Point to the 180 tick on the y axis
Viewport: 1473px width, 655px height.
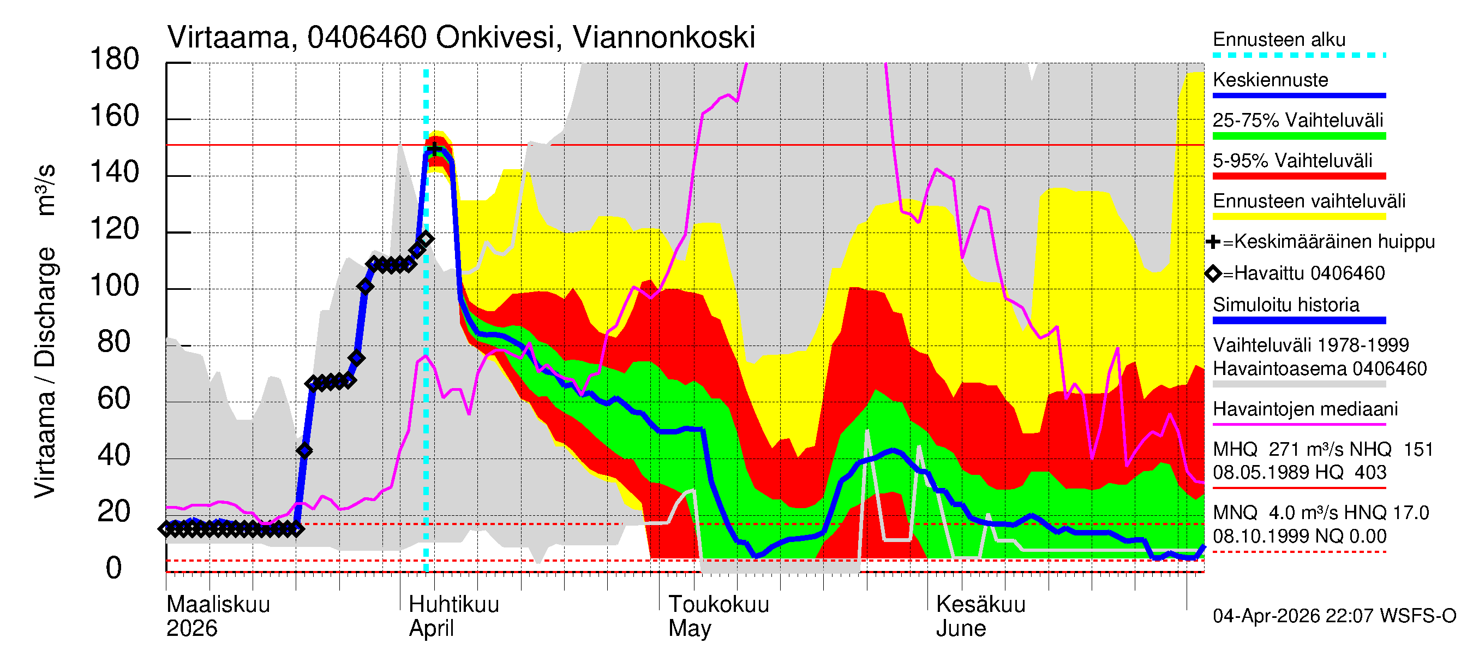point(115,59)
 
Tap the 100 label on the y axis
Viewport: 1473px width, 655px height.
point(115,285)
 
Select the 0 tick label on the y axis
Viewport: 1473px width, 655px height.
point(114,568)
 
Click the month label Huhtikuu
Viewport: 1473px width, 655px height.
point(453,604)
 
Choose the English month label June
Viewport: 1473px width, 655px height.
point(960,629)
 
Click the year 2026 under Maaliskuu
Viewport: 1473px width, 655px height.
point(191,629)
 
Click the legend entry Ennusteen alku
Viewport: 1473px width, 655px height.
point(1279,39)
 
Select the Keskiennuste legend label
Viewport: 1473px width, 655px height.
point(1270,80)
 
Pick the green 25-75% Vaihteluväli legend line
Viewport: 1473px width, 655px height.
point(1298,136)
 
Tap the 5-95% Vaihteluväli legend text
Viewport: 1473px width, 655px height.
point(1292,160)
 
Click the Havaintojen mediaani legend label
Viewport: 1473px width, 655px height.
point(1305,409)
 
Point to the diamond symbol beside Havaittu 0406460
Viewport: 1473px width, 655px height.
point(1213,273)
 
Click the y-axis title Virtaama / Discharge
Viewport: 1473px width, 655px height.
point(45,372)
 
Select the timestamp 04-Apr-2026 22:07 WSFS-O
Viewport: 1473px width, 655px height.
point(1334,616)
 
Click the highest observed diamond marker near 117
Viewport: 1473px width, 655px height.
point(426,239)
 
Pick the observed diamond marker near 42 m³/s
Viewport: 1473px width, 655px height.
point(305,451)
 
